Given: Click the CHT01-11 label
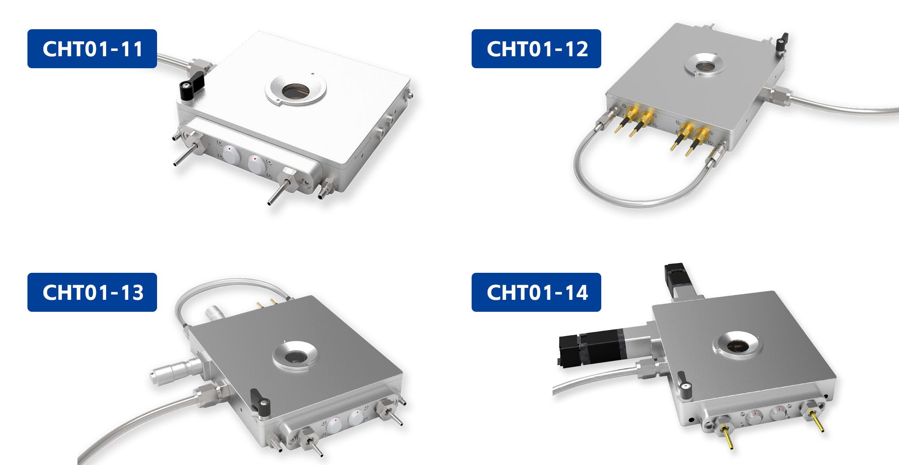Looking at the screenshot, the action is click(x=92, y=49).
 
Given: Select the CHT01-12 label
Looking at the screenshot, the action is click(x=536, y=49).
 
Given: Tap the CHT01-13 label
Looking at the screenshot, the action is click(x=92, y=292).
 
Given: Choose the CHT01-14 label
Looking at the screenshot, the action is click(x=536, y=292).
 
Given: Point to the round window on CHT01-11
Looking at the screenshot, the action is click(x=296, y=91).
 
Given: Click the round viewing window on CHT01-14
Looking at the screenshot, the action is click(x=738, y=346).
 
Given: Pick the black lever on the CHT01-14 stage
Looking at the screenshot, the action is click(x=684, y=381).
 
